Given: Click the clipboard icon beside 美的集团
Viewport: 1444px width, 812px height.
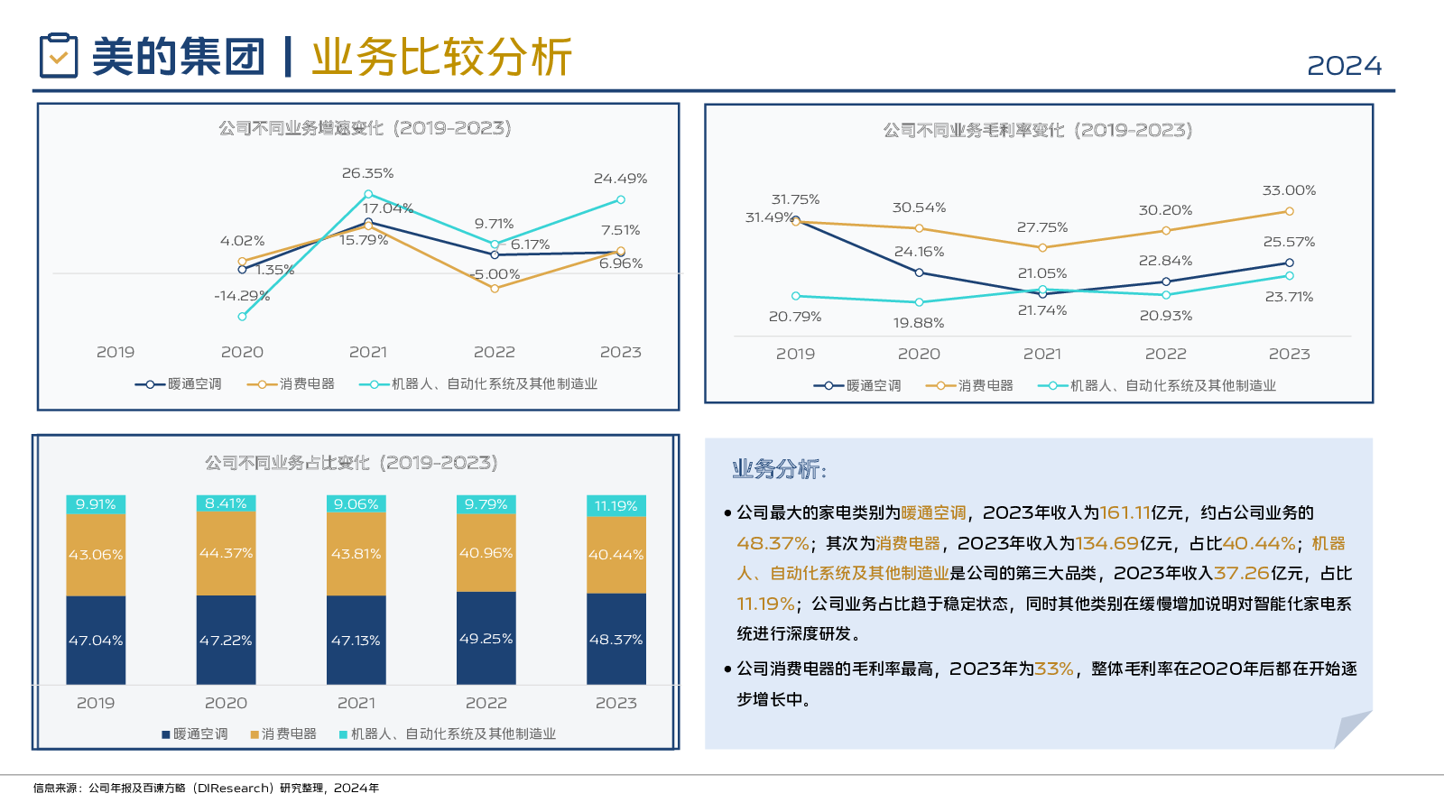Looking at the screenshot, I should click(x=59, y=55).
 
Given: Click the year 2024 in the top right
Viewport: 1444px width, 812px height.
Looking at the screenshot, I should click(x=1344, y=66).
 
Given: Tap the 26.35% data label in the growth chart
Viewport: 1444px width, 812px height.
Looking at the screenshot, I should click(x=367, y=173).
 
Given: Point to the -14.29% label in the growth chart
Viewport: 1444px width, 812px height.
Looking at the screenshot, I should click(x=242, y=296).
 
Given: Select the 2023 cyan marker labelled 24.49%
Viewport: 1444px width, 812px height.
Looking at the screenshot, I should click(x=621, y=199).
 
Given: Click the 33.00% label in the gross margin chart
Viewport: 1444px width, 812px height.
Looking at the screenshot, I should click(x=1289, y=190).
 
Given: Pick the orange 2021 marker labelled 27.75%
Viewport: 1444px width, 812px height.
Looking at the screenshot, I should click(x=1042, y=247).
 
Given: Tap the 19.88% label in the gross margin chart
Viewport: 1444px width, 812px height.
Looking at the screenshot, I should click(x=919, y=323).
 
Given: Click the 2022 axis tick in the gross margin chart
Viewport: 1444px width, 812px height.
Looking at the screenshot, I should click(x=1165, y=354).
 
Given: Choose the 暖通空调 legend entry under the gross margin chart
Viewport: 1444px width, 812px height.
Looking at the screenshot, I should click(x=862, y=386).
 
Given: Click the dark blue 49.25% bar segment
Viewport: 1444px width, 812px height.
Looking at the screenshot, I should click(x=486, y=638).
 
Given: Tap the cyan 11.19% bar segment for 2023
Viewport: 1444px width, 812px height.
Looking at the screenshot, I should click(x=616, y=506).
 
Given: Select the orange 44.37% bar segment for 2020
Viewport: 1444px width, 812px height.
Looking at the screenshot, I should click(x=226, y=553).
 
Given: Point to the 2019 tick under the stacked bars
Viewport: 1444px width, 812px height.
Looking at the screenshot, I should click(x=96, y=703).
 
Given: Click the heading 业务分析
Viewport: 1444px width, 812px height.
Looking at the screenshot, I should click(x=778, y=469).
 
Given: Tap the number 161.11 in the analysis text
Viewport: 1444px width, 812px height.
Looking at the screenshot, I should click(x=1125, y=512).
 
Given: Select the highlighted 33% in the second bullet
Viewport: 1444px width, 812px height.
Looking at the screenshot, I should click(x=1053, y=669).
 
